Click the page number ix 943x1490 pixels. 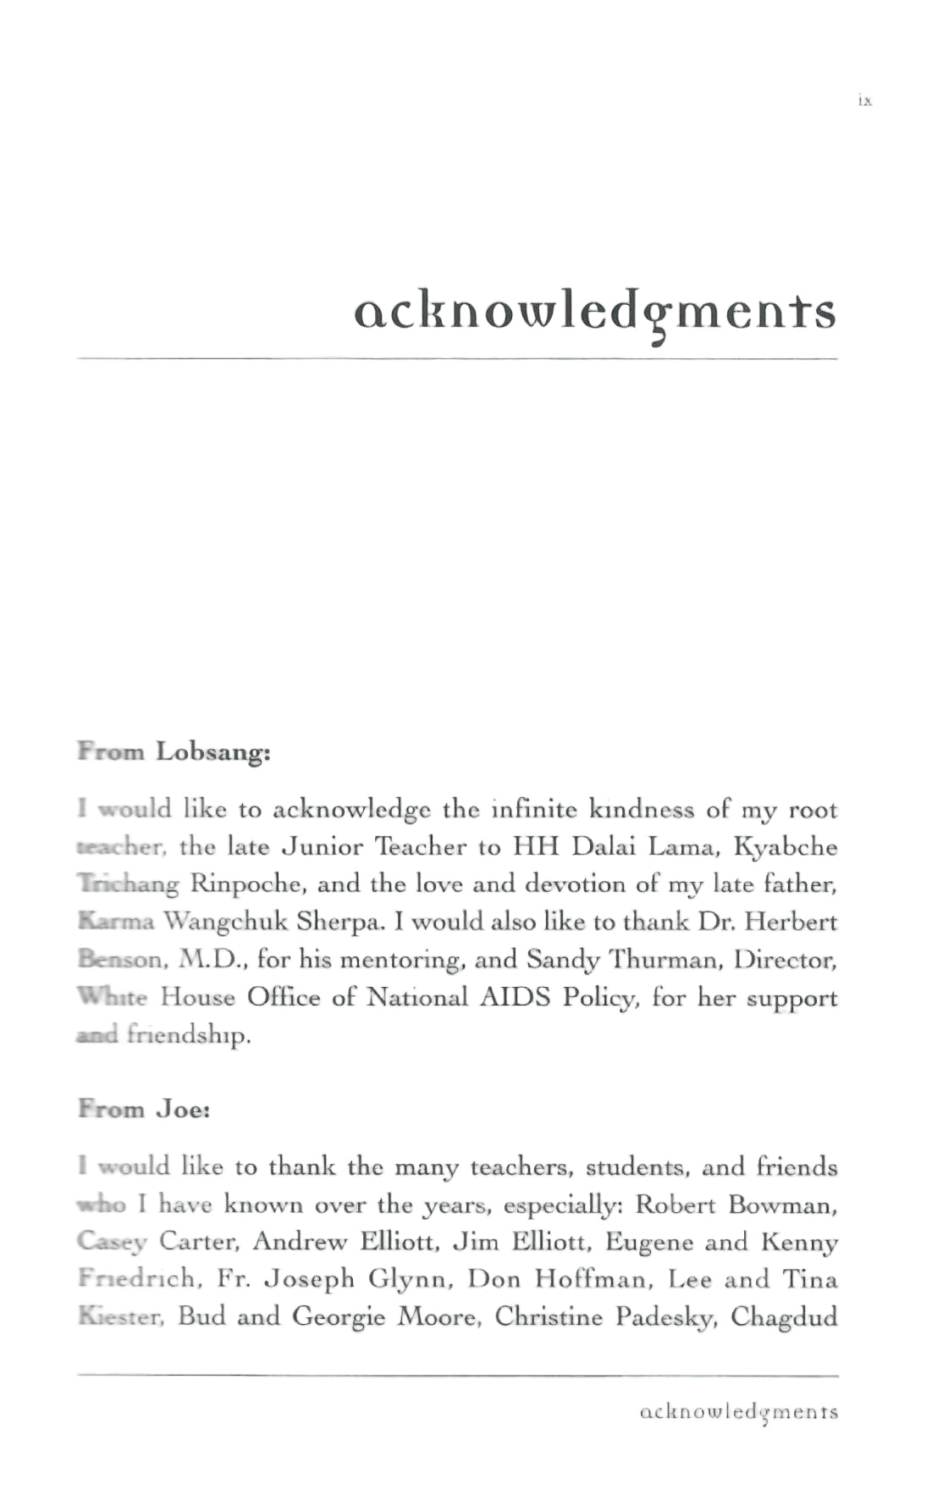[864, 101]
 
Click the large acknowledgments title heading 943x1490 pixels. [594, 313]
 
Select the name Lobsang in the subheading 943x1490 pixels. [212, 752]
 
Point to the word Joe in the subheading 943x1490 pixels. [182, 1109]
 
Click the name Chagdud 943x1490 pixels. [784, 1317]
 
